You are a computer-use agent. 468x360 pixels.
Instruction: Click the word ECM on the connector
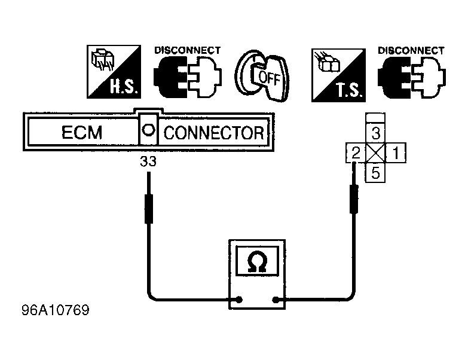coord(82,132)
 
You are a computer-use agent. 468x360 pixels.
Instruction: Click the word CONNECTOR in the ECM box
coord(214,133)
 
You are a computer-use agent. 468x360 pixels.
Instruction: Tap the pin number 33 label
coord(148,161)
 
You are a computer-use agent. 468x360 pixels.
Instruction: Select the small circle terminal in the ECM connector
coord(148,130)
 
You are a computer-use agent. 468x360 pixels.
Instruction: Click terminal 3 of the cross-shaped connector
coord(375,133)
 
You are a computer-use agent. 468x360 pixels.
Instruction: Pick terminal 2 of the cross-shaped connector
coord(356,153)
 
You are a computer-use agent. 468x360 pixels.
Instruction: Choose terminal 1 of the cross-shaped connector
coord(396,153)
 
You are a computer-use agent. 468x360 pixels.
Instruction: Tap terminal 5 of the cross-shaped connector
coord(375,173)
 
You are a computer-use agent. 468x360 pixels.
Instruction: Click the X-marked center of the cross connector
coord(376,153)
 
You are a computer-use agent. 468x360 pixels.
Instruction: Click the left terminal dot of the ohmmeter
coord(238,300)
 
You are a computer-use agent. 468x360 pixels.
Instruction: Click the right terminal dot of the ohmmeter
coord(276,300)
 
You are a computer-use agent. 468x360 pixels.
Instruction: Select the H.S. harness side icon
coord(114,72)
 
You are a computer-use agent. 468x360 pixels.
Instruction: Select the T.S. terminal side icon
coord(338,75)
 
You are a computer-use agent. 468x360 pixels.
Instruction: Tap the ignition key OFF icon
coord(262,75)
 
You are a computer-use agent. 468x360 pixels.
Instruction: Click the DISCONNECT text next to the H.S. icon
coord(188,50)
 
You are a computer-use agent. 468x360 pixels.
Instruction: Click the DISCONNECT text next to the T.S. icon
coord(411,50)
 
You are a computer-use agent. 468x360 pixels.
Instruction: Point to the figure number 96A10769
coord(56,310)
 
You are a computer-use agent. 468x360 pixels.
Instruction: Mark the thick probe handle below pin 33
coord(149,209)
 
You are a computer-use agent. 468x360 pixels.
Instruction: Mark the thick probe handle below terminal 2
coord(354,199)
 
